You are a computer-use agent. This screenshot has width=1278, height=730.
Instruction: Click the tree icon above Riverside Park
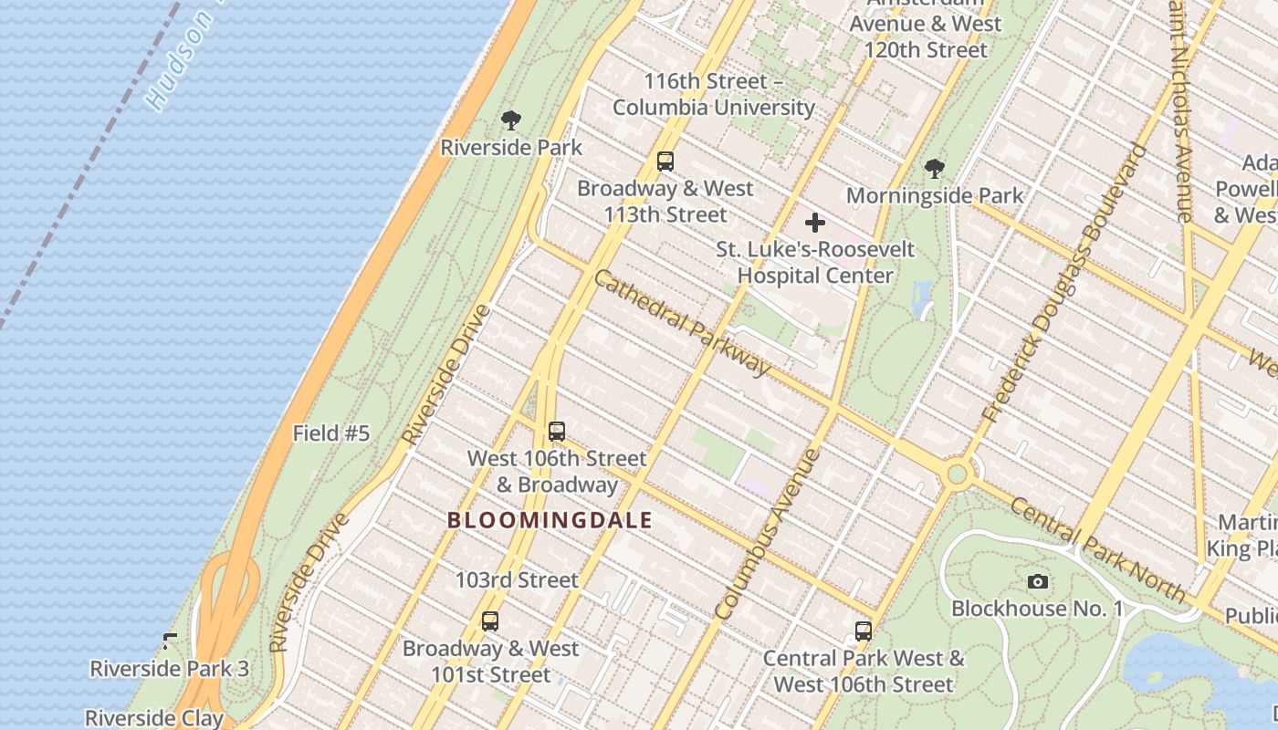[511, 120]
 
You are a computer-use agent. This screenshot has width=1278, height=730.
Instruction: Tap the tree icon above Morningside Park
[934, 168]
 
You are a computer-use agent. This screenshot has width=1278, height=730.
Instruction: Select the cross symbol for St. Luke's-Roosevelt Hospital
[814, 223]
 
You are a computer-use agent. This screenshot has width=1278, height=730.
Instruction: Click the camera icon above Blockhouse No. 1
[1037, 581]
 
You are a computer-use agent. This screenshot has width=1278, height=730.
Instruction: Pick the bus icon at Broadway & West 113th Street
[665, 162]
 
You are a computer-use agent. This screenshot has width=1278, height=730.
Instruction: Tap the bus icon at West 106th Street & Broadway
[557, 432]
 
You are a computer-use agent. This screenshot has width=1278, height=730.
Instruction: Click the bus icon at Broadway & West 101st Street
[490, 621]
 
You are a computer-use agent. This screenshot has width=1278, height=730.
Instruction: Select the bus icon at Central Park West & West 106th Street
[863, 631]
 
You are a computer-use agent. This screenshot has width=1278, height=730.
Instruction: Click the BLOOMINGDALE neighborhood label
[550, 520]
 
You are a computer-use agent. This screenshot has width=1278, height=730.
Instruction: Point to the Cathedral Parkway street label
[681, 321]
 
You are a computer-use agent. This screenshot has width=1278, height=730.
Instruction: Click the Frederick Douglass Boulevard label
[1063, 283]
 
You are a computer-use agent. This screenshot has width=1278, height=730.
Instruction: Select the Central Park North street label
[1098, 551]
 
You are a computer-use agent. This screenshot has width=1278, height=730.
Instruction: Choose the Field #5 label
[331, 433]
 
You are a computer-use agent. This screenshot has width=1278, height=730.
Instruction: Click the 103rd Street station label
[517, 579]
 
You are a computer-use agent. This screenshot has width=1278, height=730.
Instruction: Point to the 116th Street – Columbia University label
[713, 94]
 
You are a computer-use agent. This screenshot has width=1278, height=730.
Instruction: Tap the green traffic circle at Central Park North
[957, 474]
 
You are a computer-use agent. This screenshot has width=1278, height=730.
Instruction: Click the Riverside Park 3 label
[169, 668]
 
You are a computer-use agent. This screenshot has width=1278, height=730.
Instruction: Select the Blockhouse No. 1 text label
[1037, 609]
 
